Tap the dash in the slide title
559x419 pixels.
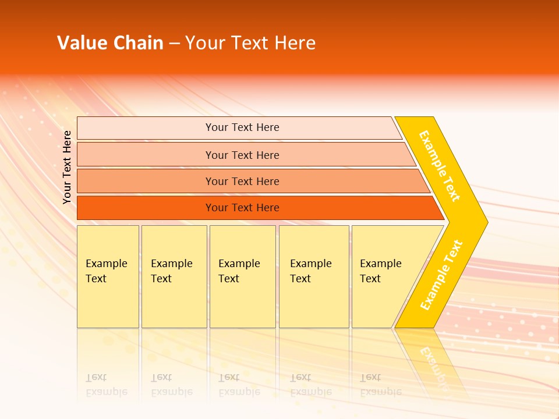tap(174, 44)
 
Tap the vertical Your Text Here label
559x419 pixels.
tap(67, 167)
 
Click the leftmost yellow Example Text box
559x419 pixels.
tap(108, 276)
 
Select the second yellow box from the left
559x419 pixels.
tap(174, 276)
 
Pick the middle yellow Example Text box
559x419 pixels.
tap(242, 276)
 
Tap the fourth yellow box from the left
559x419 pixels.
tap(314, 276)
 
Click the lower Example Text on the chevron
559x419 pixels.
tap(441, 275)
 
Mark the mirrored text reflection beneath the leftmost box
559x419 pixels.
tap(107, 385)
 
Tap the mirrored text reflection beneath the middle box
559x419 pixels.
tap(239, 385)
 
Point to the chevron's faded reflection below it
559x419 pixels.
tap(434, 364)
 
